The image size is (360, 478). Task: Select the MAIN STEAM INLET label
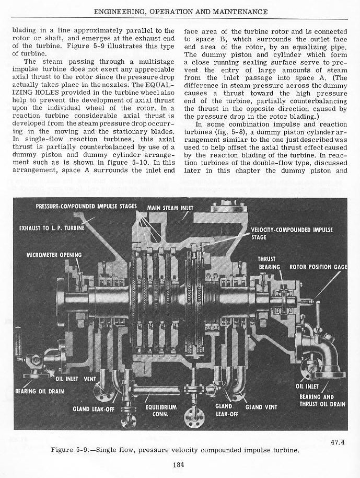(170, 208)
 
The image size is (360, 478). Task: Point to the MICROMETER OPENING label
(54, 255)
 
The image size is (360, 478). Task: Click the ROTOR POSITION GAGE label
(318, 267)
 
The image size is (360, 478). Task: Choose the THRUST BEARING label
(270, 263)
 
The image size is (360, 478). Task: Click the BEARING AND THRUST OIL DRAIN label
(322, 400)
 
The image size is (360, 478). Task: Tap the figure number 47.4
(338, 442)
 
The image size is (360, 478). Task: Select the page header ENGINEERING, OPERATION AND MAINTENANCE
(180, 12)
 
